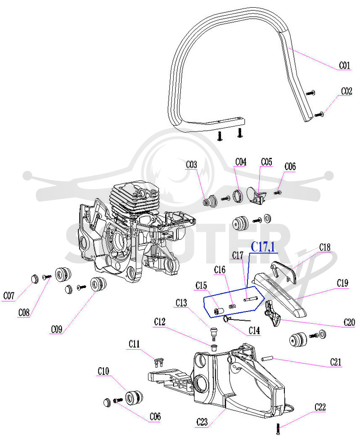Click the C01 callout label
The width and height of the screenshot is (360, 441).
(x=345, y=66)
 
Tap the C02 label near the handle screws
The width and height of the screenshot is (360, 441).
(x=346, y=91)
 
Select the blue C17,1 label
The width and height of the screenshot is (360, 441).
(x=263, y=247)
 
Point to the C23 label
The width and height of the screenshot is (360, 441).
(x=202, y=422)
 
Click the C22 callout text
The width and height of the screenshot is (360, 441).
(x=320, y=407)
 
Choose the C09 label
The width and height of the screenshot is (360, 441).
(x=57, y=329)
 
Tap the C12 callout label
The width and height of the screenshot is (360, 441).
(x=159, y=322)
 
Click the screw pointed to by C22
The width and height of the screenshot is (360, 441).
(x=278, y=428)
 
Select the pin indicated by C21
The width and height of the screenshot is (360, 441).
(x=267, y=359)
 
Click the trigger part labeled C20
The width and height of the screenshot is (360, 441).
(x=272, y=313)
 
